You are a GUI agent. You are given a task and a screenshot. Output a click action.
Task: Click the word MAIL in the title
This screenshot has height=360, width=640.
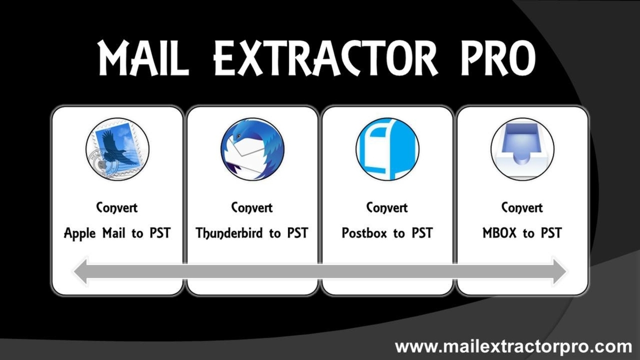[143, 58]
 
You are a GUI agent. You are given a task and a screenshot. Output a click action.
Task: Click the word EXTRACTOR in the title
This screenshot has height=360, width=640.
[326, 58]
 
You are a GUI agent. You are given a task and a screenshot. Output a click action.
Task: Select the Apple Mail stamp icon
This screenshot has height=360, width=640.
[118, 149]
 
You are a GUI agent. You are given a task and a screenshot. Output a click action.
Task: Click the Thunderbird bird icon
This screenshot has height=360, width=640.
[253, 149]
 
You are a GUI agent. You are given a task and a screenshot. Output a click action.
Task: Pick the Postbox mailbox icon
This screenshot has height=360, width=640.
[387, 149]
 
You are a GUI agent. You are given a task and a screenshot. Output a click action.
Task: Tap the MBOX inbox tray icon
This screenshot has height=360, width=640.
[522, 149]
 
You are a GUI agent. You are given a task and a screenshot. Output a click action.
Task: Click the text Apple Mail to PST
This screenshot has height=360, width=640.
[117, 233]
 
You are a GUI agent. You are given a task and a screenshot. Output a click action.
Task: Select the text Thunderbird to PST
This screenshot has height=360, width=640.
[252, 233]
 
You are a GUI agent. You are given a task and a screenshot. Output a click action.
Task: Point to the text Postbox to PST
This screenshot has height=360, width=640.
[387, 233]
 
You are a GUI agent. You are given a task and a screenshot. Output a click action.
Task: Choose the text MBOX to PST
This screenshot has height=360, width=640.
[522, 233]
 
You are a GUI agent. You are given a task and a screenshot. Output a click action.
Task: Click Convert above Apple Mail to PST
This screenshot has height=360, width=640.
[117, 208]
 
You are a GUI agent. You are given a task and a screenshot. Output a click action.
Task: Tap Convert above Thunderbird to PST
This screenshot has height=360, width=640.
[252, 208]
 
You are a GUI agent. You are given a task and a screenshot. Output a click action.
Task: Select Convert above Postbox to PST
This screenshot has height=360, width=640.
[387, 208]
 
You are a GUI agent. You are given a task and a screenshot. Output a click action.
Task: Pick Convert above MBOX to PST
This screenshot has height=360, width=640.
[522, 208]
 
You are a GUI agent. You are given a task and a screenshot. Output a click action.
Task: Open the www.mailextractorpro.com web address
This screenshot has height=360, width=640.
[513, 347]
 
